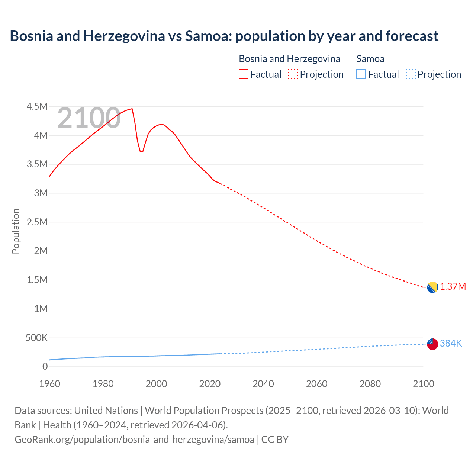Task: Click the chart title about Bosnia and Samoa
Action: pyautogui.click(x=224, y=36)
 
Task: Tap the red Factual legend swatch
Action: pyautogui.click(x=243, y=74)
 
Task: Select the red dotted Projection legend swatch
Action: pyautogui.click(x=293, y=74)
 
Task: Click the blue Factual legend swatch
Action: pyautogui.click(x=361, y=74)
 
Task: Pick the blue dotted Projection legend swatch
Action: pyautogui.click(x=411, y=74)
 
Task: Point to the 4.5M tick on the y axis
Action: pyautogui.click(x=37, y=107)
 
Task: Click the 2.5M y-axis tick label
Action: pyautogui.click(x=37, y=222)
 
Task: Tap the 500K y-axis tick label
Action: pyautogui.click(x=36, y=338)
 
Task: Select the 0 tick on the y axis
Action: pyautogui.click(x=45, y=366)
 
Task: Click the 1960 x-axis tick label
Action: pyautogui.click(x=49, y=384)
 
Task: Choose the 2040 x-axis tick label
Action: pyautogui.click(x=263, y=384)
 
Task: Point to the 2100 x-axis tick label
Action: pyautogui.click(x=423, y=384)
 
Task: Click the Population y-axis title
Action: pyautogui.click(x=16, y=231)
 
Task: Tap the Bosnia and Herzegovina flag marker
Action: pyautogui.click(x=432, y=287)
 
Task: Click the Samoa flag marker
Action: pyautogui.click(x=432, y=344)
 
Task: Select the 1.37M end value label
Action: pyautogui.click(x=453, y=287)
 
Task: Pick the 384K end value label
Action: pyautogui.click(x=451, y=344)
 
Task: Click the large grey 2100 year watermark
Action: pyautogui.click(x=89, y=118)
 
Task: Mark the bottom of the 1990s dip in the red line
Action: pyautogui.click(x=142, y=151)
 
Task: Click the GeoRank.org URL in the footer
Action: pyautogui.click(x=134, y=440)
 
